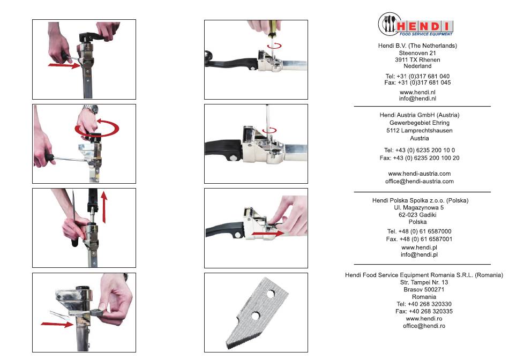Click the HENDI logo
[416, 24]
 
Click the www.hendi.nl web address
[417, 92]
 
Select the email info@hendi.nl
[417, 99]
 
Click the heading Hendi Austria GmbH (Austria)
[420, 115]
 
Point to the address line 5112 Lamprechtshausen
[420, 131]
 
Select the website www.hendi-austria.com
[420, 174]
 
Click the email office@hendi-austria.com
[420, 181]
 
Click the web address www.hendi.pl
[420, 247]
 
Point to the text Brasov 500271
[424, 289]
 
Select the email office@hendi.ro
[424, 326]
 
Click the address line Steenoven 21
[417, 53]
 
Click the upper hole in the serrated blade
[270, 294]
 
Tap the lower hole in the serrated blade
[255, 316]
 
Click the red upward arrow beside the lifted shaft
[104, 207]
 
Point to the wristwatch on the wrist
[91, 109]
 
